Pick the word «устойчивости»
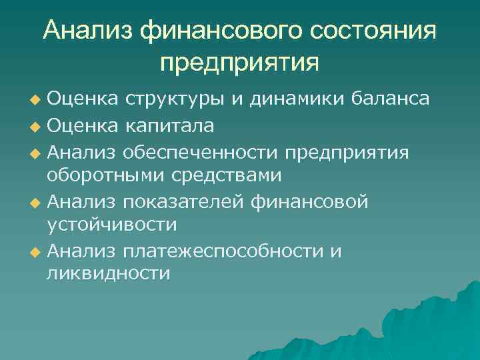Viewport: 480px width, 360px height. point(111,225)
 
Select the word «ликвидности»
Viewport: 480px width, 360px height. point(108,275)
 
